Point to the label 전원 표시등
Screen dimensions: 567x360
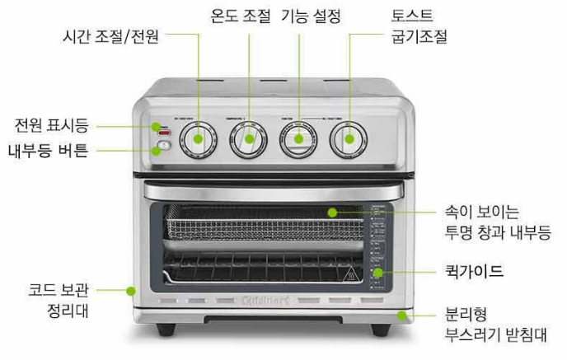51,126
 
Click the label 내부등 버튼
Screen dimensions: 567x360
52,150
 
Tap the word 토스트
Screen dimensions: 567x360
412,15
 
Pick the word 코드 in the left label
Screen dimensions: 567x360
43,290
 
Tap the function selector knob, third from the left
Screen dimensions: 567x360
298,140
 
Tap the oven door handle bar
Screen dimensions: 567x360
272,190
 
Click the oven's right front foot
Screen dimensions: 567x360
380,329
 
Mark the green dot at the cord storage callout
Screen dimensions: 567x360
130,290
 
